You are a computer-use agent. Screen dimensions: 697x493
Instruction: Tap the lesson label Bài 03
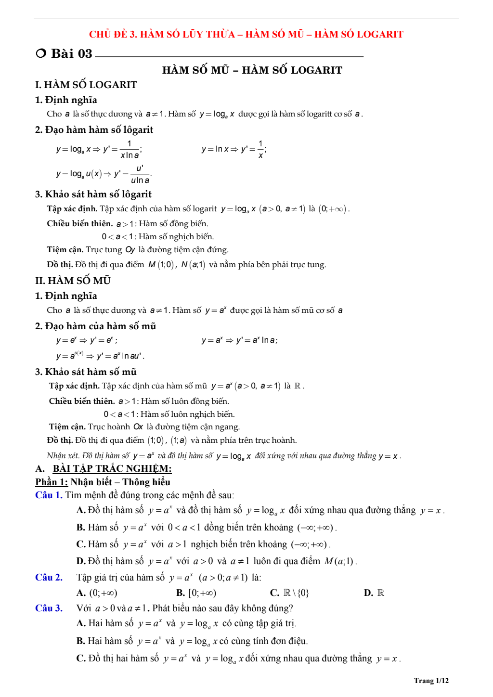[x=71, y=53]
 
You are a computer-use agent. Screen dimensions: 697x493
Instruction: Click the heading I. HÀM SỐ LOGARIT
[x=86, y=85]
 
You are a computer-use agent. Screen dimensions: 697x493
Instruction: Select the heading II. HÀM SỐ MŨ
[x=73, y=281]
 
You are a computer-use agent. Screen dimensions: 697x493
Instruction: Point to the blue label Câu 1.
[x=49, y=495]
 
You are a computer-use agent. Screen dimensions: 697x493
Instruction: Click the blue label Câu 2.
[x=49, y=577]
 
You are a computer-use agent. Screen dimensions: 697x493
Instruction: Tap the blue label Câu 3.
[x=49, y=608]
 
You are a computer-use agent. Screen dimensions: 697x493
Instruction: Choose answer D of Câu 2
[x=374, y=593]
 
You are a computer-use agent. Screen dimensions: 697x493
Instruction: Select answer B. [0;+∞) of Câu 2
[x=196, y=593]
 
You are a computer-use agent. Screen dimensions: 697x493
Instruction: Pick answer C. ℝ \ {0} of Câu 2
[x=289, y=593]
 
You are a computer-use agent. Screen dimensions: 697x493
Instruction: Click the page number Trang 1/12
[x=431, y=680]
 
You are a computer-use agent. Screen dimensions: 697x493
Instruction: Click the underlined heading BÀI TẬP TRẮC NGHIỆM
[x=112, y=468]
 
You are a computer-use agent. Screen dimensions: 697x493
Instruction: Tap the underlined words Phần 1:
[x=52, y=482]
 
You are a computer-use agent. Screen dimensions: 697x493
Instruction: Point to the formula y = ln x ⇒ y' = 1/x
[x=234, y=149]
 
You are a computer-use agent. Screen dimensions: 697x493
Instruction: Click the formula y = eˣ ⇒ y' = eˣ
[x=87, y=340]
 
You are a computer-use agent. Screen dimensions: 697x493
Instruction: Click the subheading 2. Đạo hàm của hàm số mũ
[x=95, y=326]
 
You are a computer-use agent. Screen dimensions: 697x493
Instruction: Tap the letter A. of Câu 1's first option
[x=81, y=510]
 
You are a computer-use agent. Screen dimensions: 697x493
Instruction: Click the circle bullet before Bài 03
[x=41, y=53]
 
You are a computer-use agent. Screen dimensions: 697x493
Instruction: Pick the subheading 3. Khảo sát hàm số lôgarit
[x=93, y=194]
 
